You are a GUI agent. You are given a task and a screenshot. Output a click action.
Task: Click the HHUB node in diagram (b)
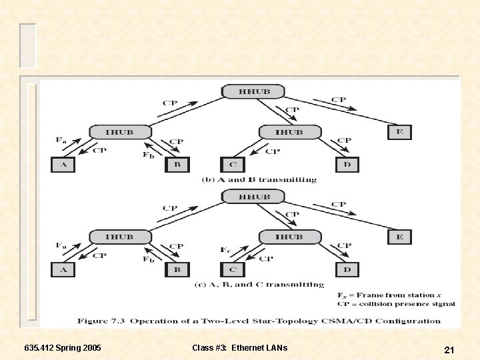(253, 92)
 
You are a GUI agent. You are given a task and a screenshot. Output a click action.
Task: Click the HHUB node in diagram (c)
(253, 197)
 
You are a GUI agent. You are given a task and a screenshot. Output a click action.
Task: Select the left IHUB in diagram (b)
(119, 132)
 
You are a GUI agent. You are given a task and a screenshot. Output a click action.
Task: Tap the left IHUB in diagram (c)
(119, 237)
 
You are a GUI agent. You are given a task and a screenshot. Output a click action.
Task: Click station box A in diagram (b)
(63, 164)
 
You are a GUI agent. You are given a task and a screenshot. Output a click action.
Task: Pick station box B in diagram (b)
(177, 164)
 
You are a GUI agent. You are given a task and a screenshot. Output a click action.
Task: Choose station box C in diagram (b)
(232, 164)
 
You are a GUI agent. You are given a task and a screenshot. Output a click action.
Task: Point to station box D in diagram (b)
(347, 164)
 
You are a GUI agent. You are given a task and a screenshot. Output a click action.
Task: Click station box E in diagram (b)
(399, 132)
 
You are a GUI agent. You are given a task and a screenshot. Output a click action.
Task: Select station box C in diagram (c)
(232, 269)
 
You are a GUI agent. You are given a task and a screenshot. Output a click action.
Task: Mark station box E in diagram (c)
(399, 237)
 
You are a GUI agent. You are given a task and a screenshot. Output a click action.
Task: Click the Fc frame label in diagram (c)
(225, 250)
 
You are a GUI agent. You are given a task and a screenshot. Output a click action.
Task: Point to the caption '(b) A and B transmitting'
(259, 180)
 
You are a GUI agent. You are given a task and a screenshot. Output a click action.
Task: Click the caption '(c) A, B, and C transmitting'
(259, 285)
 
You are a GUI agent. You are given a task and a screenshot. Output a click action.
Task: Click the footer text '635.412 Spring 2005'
(63, 348)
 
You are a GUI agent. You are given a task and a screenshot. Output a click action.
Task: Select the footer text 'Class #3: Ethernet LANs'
(239, 348)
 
